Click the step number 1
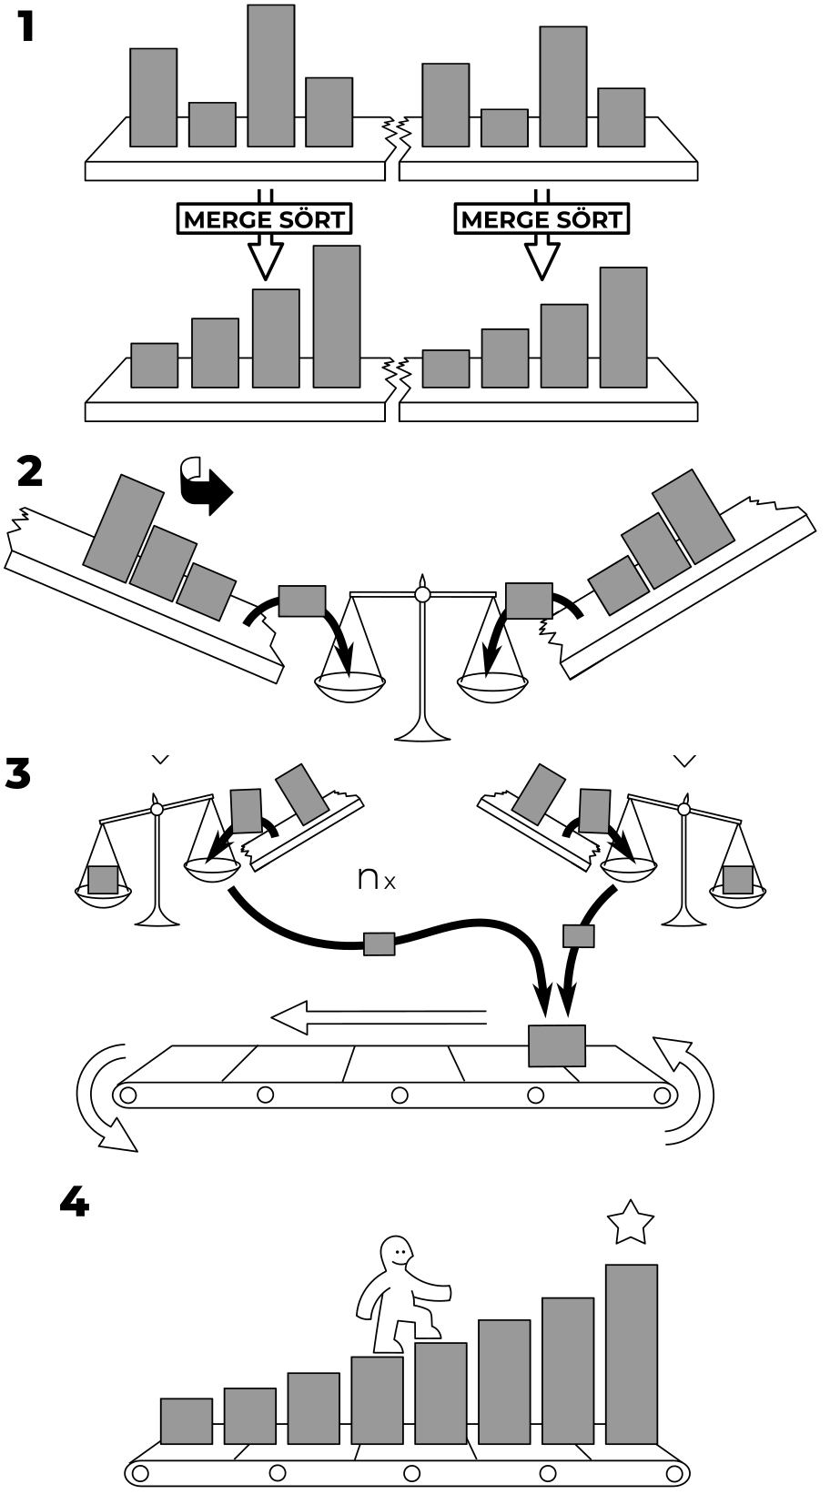[x=25, y=27]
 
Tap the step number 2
[x=29, y=472]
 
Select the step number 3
[x=18, y=773]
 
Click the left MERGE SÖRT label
[x=264, y=219]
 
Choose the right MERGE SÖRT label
[x=542, y=219]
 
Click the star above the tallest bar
[x=631, y=1222]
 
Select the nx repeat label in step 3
[x=377, y=878]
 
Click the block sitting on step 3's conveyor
[x=557, y=1045]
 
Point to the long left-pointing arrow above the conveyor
[x=379, y=1018]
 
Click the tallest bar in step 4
[x=632, y=1354]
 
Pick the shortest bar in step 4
[x=187, y=1421]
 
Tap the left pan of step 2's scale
[x=350, y=686]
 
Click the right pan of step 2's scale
[x=492, y=688]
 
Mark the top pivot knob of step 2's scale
[x=421, y=593]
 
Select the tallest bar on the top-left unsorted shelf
[x=271, y=76]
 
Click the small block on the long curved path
[x=379, y=944]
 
